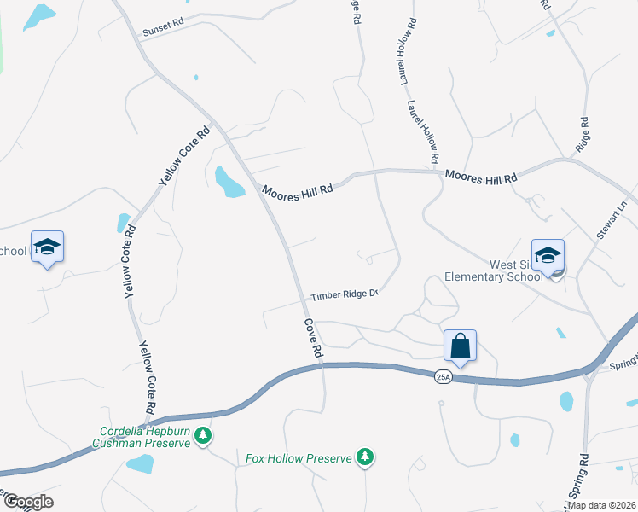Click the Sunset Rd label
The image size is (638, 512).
[162, 28]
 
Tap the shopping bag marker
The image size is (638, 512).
[460, 346]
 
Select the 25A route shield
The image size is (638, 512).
[443, 377]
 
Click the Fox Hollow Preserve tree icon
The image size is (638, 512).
[365, 458]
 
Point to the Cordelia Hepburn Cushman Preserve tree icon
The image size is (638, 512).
[202, 437]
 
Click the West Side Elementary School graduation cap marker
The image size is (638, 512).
[548, 255]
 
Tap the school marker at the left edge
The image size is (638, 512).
[47, 247]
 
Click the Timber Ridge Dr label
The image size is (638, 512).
[344, 295]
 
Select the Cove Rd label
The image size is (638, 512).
[313, 339]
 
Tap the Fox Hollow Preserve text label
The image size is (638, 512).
[299, 458]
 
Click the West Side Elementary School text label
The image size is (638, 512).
[494, 271]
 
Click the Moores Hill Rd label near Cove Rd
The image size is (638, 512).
[297, 191]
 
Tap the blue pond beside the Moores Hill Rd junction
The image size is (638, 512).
[229, 181]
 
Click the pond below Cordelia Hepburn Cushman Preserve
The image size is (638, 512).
[139, 463]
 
